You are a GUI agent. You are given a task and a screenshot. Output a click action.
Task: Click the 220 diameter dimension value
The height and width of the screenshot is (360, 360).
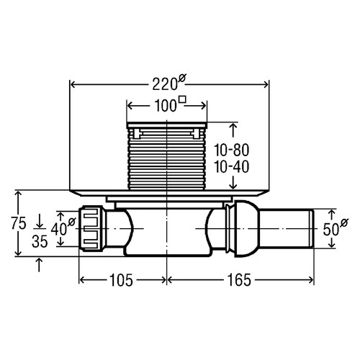165,84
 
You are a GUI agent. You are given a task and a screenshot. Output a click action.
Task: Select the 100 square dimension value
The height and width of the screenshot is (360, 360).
166,106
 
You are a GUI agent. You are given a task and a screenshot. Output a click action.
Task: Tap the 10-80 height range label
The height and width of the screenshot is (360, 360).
231,150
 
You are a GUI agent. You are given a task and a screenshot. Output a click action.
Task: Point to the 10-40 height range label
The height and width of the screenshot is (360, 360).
231,167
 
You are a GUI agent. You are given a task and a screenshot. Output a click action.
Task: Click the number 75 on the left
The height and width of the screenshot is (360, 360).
19,223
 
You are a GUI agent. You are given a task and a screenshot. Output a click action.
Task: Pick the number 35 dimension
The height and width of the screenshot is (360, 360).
40,241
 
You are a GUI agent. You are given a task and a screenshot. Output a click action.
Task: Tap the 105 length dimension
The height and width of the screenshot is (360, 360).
121,280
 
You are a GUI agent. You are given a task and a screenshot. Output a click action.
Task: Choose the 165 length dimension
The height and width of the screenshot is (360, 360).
239,280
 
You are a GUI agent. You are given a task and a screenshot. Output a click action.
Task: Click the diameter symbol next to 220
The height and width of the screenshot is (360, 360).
182,78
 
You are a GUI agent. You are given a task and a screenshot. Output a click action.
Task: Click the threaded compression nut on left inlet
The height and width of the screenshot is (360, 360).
91,228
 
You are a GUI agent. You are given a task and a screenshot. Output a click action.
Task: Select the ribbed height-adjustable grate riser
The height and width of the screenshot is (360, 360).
166,157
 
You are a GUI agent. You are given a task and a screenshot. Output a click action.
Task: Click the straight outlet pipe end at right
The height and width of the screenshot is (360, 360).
287,229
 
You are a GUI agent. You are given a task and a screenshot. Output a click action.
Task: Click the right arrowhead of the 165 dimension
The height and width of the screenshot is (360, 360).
310,280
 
